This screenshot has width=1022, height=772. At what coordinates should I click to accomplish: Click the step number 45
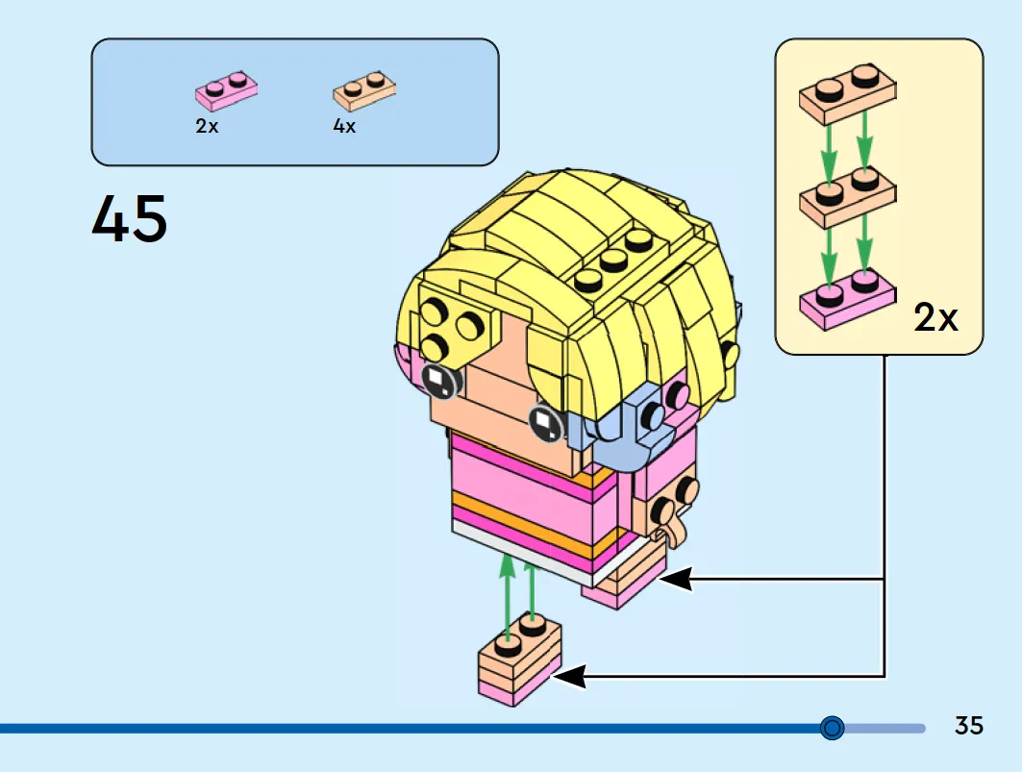(129, 219)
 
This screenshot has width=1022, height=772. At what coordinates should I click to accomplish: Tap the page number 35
(968, 725)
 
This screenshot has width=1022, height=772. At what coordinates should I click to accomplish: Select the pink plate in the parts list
(226, 90)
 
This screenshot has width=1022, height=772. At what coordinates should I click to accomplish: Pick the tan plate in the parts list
(364, 90)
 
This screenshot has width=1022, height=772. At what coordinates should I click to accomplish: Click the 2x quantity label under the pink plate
(207, 125)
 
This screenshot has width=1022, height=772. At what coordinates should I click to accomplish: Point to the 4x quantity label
(344, 125)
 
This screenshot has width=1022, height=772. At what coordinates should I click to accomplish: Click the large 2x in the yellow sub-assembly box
(936, 317)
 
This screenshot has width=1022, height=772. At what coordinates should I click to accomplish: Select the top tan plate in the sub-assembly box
(847, 93)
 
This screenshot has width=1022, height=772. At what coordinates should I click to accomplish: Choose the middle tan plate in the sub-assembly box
(847, 196)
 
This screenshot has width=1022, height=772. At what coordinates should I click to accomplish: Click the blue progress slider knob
(833, 727)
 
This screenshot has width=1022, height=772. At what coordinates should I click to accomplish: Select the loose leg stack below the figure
(519, 660)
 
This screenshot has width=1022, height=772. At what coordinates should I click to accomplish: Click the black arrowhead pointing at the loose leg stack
(570, 676)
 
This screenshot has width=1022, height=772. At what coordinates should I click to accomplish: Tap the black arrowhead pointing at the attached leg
(676, 579)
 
